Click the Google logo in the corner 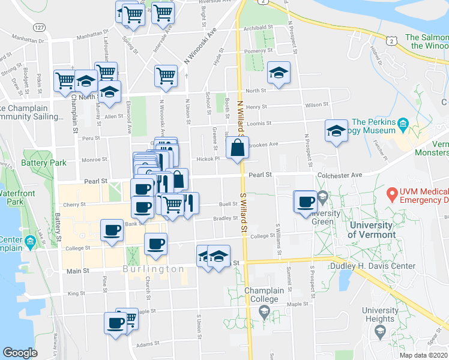click(20, 353)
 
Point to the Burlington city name click(154, 269)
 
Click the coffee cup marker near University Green click(306, 201)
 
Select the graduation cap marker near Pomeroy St click(278, 73)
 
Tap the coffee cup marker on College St click(156, 244)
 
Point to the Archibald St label click(258, 28)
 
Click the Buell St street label click(228, 203)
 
